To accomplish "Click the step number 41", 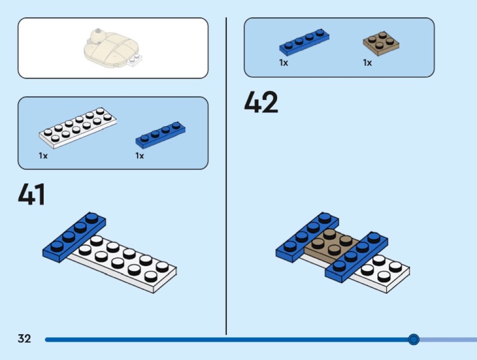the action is coord(32,194).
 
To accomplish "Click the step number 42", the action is coord(261,102).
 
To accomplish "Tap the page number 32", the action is coord(25,339).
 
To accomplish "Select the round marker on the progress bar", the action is coord(413,339).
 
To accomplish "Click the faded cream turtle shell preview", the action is coord(111,48).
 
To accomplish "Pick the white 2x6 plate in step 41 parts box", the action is coord(78,128).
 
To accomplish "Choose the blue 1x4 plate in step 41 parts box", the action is coord(160,135).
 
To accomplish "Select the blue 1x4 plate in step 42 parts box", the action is coord(304,43).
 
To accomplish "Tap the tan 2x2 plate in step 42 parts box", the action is coord(381,44).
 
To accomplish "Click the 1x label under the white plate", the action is coord(43,156).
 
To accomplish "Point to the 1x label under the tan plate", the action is coord(368,63).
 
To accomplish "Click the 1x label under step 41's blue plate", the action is coord(139,156).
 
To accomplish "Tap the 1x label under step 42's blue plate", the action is coord(283,63).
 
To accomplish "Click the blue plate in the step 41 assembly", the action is coord(74,237).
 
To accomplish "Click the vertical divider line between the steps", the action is coord(226,176).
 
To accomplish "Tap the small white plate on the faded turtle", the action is coord(135,60).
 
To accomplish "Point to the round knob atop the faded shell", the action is coord(98,31).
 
